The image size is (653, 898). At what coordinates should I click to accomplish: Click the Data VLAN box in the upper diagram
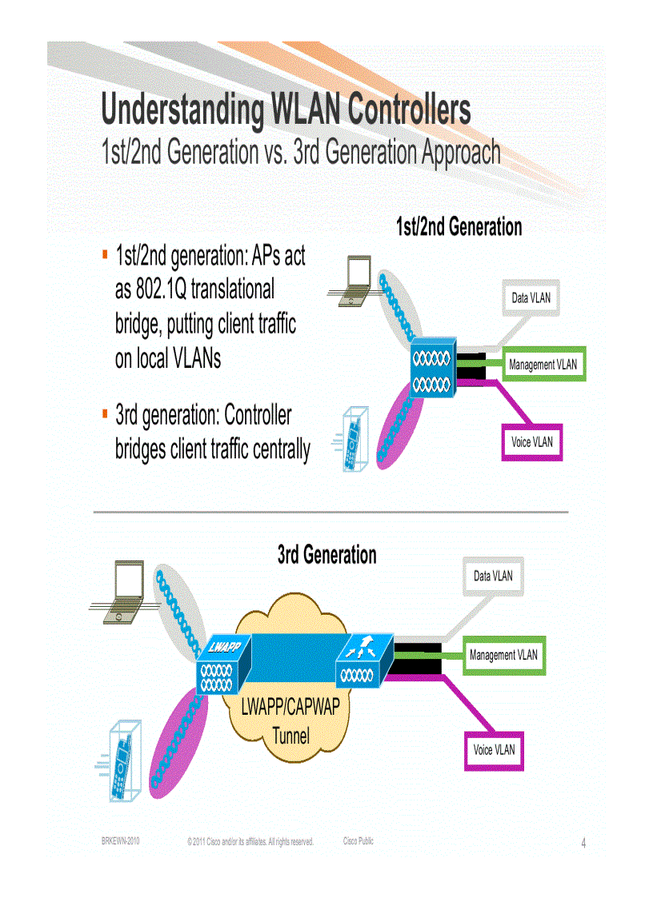pyautogui.click(x=531, y=297)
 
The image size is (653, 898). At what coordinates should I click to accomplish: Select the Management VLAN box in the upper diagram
pyautogui.click(x=543, y=365)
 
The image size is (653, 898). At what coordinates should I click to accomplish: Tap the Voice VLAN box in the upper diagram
pyautogui.click(x=531, y=442)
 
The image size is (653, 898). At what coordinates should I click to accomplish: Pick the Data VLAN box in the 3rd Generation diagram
pyautogui.click(x=493, y=576)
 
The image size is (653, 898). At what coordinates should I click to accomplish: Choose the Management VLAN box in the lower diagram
pyautogui.click(x=504, y=655)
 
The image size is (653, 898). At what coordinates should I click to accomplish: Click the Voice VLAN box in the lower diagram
pyautogui.click(x=494, y=750)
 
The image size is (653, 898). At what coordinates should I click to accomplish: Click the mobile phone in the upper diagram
pyautogui.click(x=352, y=441)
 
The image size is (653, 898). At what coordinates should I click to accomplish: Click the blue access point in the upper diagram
pyautogui.click(x=433, y=369)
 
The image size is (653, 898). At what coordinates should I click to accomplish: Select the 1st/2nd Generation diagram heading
pyautogui.click(x=459, y=227)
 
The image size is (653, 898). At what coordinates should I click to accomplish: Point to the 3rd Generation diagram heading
pyautogui.click(x=326, y=555)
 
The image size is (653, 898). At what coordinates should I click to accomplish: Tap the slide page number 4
pyautogui.click(x=583, y=843)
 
